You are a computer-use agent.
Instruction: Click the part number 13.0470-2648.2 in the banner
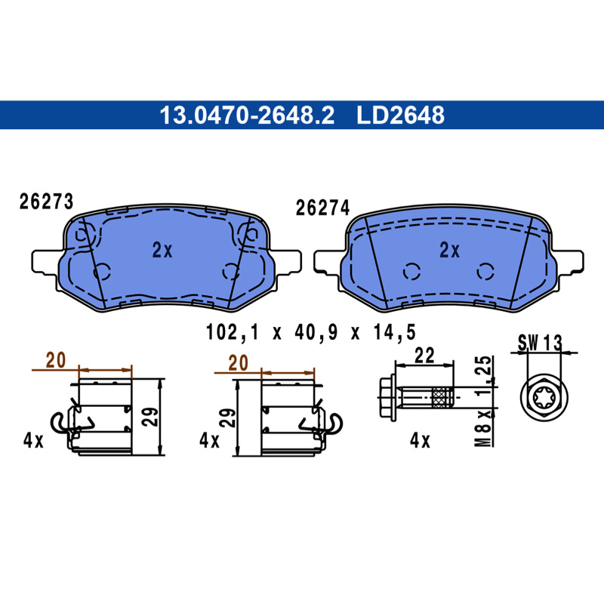[247, 116]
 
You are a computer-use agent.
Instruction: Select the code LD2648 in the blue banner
[400, 116]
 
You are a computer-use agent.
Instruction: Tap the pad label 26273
[46, 202]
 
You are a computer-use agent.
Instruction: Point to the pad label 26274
[322, 208]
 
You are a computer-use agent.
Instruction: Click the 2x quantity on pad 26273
[162, 250]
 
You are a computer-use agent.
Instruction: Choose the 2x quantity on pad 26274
[449, 250]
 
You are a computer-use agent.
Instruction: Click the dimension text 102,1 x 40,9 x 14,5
[311, 332]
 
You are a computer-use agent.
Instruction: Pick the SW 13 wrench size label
[540, 343]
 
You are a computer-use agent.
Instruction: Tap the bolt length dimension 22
[424, 355]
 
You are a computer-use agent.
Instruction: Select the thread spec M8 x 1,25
[483, 401]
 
